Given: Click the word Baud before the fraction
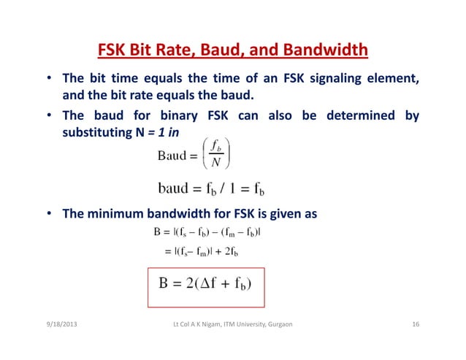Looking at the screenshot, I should click(x=172, y=156).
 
